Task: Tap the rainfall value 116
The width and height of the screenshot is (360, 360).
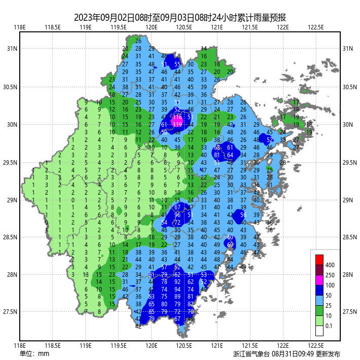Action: (x=177, y=117)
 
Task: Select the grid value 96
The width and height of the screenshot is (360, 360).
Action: (x=177, y=214)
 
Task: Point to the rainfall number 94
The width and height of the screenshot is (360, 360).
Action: (x=177, y=289)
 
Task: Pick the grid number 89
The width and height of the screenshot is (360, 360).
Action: (x=177, y=297)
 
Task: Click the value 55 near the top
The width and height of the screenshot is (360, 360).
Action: (x=177, y=64)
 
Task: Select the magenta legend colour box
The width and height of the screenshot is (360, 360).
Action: (x=319, y=279)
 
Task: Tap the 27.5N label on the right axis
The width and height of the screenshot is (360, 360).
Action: (x=350, y=312)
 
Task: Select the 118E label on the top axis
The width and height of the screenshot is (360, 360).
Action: (x=20, y=27)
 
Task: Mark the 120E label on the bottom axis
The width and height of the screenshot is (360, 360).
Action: (x=151, y=345)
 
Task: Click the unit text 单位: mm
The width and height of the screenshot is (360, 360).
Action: (x=34, y=353)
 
